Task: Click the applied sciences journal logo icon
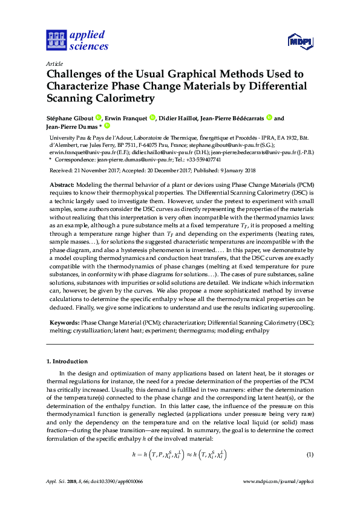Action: click(56, 40)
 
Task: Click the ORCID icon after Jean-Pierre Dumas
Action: click(107, 126)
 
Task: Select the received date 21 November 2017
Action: click(102, 172)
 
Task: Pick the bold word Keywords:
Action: click(64, 324)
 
